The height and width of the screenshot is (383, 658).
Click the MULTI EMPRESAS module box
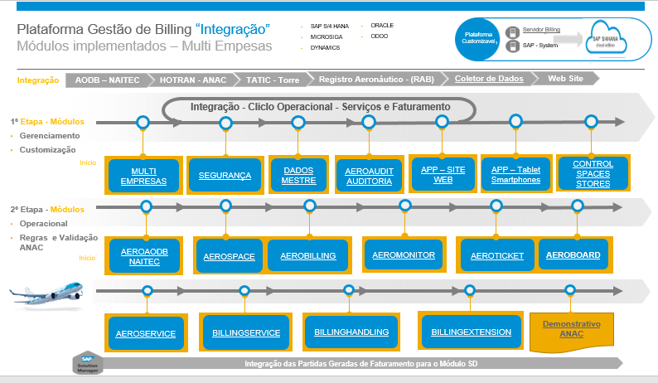(x=143, y=176)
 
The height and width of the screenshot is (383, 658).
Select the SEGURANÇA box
(x=225, y=176)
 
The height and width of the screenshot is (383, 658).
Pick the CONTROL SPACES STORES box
(x=593, y=173)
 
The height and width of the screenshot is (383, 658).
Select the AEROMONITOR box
(x=404, y=255)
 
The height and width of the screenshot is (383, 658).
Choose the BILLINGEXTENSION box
(x=472, y=332)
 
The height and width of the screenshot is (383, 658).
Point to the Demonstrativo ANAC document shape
(x=571, y=329)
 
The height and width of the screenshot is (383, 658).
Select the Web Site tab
(x=568, y=79)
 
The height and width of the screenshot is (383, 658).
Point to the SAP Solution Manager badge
(x=88, y=363)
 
